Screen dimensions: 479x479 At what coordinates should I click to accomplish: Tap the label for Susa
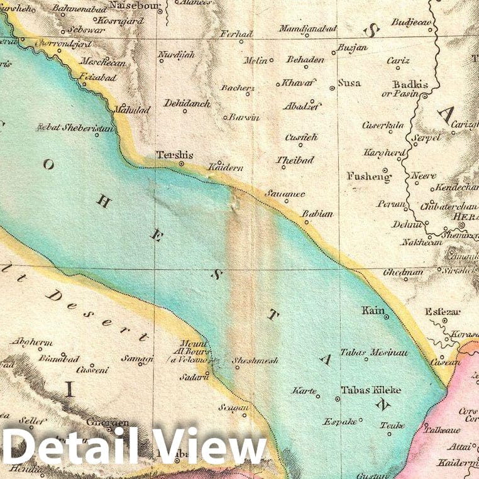tap(349, 82)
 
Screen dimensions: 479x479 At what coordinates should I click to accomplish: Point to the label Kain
tap(372, 310)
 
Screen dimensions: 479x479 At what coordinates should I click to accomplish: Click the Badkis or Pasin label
tap(408, 89)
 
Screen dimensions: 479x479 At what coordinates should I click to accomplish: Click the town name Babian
tap(317, 214)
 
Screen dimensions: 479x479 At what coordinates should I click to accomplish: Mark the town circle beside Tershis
tap(181, 164)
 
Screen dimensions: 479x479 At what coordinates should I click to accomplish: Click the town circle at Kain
tap(386, 317)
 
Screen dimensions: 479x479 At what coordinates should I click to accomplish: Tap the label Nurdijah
tap(176, 54)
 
